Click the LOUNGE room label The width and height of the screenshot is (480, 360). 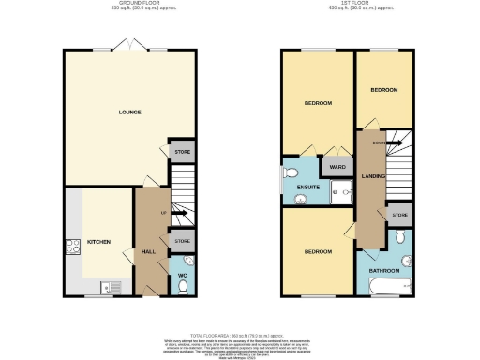[x=129, y=112]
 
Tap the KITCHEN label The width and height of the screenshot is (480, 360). [x=98, y=242]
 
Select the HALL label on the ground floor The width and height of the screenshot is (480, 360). [x=148, y=251]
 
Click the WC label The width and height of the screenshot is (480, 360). [x=184, y=276]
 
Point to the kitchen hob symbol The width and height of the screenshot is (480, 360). [x=71, y=247]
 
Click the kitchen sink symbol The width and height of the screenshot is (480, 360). [x=107, y=288]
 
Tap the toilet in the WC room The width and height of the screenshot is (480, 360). [x=187, y=261]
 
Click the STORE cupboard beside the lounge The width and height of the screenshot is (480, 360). [x=180, y=151]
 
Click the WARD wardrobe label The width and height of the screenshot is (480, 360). [x=337, y=167]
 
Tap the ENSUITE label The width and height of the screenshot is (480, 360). [x=308, y=187]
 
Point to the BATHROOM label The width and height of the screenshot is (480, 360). [x=383, y=269]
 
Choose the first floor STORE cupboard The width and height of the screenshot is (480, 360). [x=400, y=215]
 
